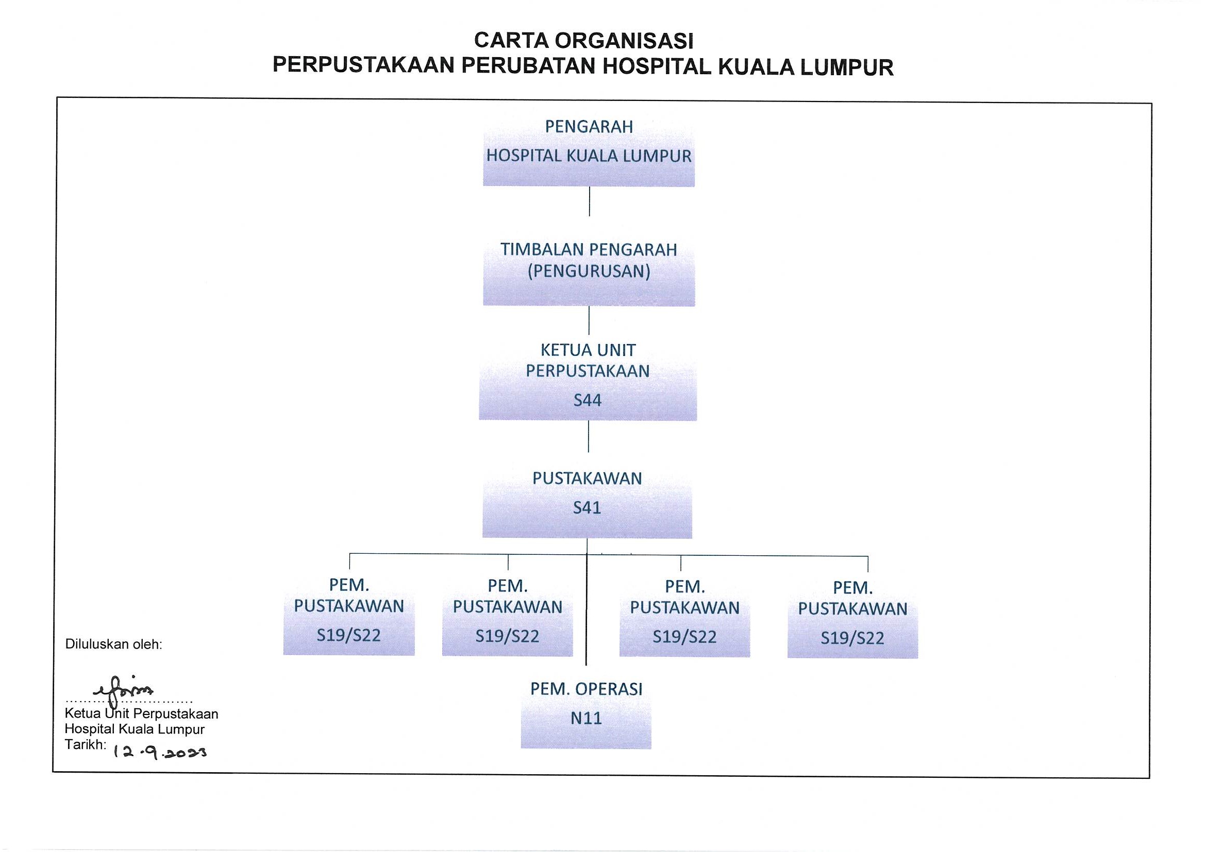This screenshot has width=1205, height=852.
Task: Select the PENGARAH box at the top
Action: click(x=589, y=151)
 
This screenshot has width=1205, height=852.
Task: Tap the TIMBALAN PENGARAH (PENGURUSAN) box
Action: click(x=589, y=272)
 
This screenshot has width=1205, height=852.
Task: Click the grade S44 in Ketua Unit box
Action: click(x=587, y=400)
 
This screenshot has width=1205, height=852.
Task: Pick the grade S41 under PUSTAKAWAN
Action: click(x=587, y=507)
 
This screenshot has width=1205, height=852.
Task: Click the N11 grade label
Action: click(x=586, y=718)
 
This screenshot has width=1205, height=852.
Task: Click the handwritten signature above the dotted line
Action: click(x=124, y=689)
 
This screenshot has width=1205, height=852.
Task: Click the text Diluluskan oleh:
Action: click(x=114, y=644)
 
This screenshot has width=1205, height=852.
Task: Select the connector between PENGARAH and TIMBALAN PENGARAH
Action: click(x=590, y=201)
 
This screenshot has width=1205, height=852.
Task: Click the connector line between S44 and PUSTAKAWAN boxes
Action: click(x=589, y=436)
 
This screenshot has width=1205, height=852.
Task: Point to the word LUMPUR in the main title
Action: click(x=847, y=67)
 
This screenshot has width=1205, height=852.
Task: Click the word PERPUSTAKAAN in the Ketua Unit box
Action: click(x=588, y=371)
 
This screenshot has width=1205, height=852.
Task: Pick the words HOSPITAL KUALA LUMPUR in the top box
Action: click(x=589, y=156)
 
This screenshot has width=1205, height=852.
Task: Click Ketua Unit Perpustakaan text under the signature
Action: click(x=142, y=713)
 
